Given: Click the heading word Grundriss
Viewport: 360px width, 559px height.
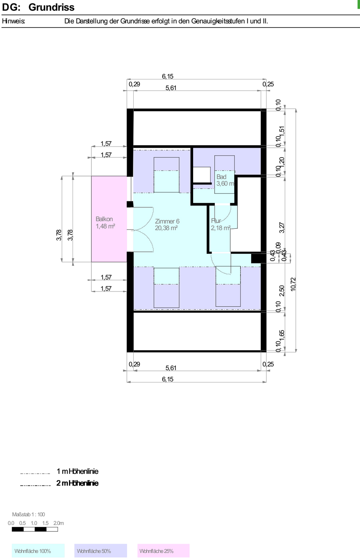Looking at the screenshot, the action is pos(51,8).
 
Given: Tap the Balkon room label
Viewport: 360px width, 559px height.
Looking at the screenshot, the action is pos(104,219).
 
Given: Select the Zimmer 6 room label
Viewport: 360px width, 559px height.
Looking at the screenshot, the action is pos(167,221).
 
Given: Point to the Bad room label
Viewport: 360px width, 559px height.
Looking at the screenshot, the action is pos(221,176).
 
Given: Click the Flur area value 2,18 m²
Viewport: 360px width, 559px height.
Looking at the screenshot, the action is pos(221,228).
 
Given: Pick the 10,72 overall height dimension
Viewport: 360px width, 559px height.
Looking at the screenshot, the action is pos(293,284).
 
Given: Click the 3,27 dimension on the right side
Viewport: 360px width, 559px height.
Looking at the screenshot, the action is pos(282,228).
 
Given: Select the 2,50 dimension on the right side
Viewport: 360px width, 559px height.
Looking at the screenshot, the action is pos(282,291).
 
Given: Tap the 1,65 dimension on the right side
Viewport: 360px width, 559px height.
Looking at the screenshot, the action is pos(282,335).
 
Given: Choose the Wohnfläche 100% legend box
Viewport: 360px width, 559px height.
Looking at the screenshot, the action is pos(38,551).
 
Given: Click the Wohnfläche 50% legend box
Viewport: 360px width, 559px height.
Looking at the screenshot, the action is pos(101,551).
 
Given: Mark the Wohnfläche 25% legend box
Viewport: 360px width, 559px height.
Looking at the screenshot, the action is pos(163,551).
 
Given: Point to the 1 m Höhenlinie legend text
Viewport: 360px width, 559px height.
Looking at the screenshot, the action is pos(77,471).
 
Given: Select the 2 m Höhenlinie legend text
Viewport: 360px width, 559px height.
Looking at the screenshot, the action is pos(77,483).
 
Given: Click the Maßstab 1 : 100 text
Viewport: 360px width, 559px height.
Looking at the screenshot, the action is pos(28,514).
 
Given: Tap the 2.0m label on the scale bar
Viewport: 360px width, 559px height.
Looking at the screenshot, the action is pos(58,523).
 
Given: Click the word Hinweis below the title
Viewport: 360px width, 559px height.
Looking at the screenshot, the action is pos(14,21).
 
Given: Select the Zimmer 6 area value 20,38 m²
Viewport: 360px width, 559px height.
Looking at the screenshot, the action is pos(166,228).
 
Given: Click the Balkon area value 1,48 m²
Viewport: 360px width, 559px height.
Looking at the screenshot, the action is pos(105,226).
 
